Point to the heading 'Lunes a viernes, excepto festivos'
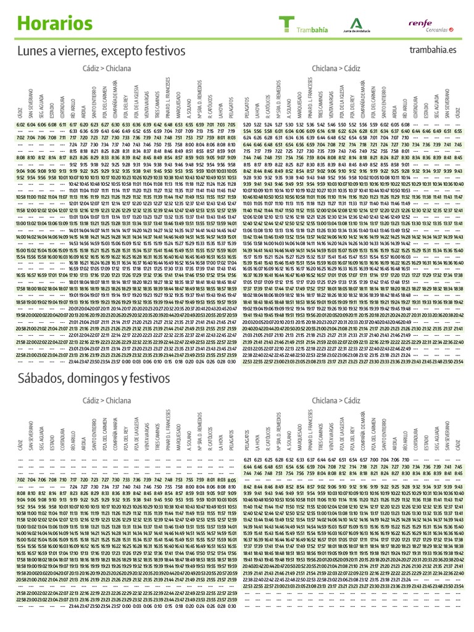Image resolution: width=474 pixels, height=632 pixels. point(101,49)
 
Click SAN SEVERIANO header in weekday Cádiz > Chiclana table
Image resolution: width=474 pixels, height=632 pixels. point(31,106)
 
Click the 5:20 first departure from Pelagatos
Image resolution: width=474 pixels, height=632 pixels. point(247,125)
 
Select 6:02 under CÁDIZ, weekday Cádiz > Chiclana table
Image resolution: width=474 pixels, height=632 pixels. point(21,125)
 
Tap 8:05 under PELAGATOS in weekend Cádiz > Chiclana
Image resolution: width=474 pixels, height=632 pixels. point(231,480)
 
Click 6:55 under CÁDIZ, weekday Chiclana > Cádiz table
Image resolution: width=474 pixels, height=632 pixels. point(457,131)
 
